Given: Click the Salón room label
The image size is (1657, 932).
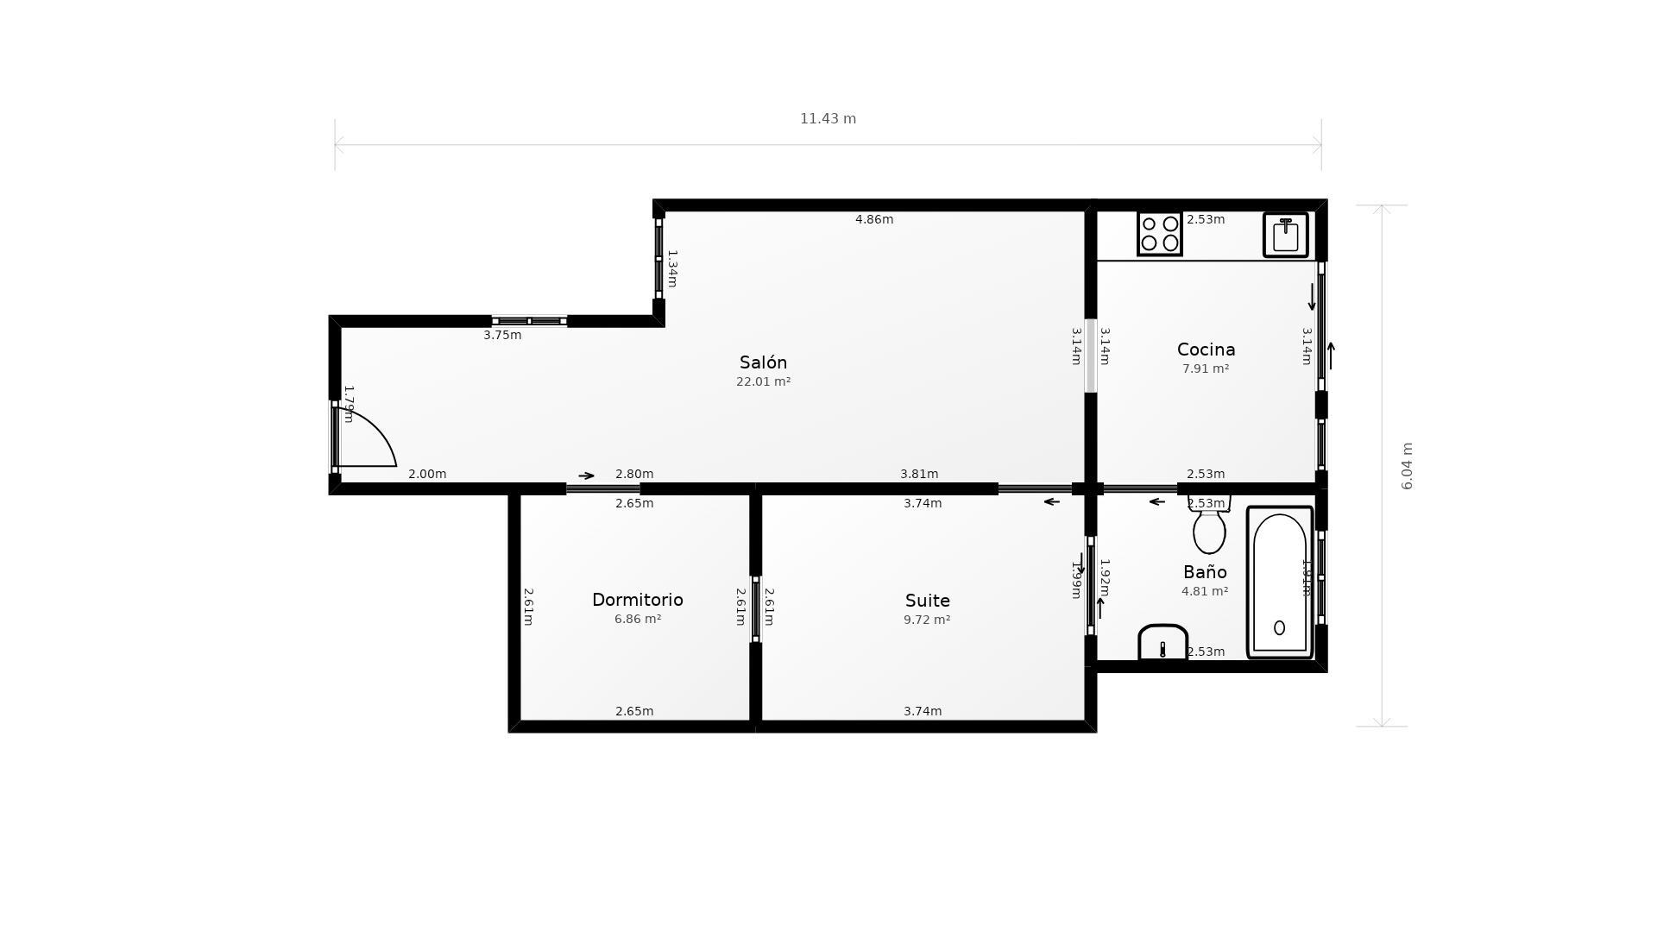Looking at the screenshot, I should point(763,362).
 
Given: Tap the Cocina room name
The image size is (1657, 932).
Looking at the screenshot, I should point(1206,349).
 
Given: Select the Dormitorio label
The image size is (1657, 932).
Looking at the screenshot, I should point(637,600).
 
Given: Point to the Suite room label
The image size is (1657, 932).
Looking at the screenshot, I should point(927,601).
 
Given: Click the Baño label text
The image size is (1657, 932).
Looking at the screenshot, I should point(1205,572).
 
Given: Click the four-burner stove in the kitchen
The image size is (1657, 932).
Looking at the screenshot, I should point(1159,234).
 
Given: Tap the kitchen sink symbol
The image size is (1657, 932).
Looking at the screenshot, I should point(1285,235).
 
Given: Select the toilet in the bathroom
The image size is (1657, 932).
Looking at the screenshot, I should point(1209,528).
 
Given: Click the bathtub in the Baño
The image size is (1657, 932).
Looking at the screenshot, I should point(1279,582).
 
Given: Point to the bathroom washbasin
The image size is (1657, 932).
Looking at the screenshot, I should point(1162,643).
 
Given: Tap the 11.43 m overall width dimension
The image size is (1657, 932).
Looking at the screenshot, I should point(828,119).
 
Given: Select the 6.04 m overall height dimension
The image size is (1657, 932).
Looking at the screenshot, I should point(1407,466).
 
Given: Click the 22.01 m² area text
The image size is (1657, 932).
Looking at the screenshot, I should point(763,381).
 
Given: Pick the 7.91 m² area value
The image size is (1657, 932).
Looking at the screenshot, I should point(1205,368).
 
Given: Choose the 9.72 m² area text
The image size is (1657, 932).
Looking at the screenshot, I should point(926,620).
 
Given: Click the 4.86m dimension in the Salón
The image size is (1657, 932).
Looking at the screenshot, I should point(873,219).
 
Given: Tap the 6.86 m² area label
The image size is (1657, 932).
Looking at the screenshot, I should point(637,619).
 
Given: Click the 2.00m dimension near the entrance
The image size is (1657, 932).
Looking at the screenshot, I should point(426,474).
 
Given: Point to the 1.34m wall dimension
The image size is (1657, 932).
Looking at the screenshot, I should point(672,268).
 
